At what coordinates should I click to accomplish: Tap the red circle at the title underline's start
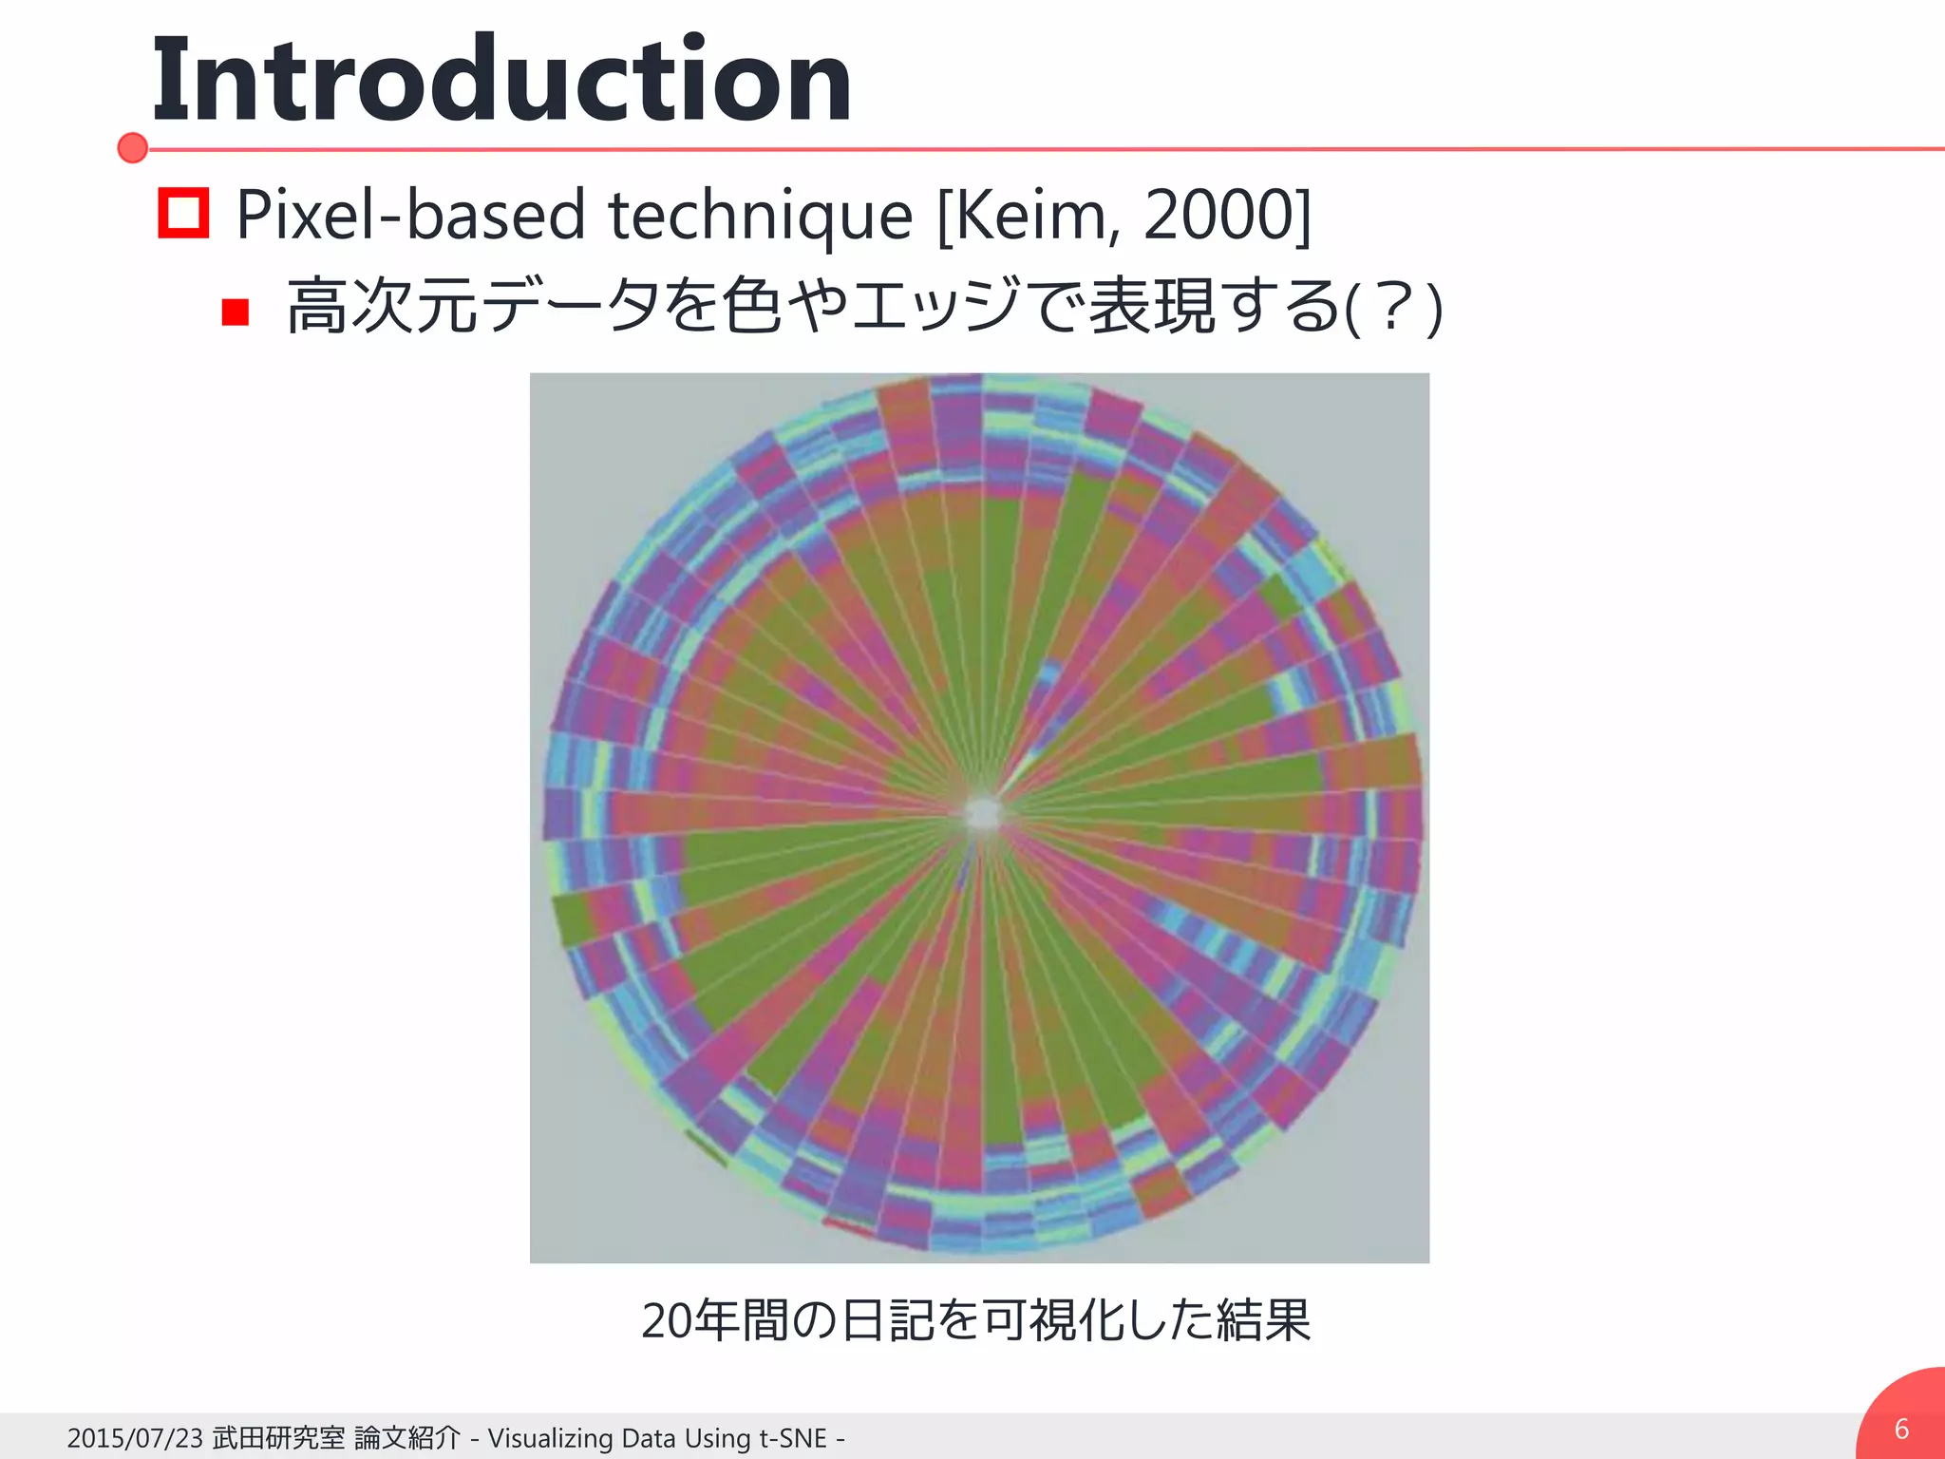pos(133,148)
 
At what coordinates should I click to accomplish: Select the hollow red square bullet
pos(183,213)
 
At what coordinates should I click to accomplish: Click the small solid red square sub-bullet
pos(235,312)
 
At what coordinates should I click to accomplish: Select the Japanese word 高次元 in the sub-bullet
pos(384,307)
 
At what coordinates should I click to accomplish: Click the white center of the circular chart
pos(983,813)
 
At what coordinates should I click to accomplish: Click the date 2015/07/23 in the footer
pos(135,1438)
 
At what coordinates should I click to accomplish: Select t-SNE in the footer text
pos(793,1438)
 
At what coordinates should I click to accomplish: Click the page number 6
pos(1901,1429)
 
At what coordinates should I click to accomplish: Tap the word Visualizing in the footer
pos(550,1438)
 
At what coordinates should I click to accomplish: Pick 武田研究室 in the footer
pos(278,1438)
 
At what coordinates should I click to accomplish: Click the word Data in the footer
pos(648,1438)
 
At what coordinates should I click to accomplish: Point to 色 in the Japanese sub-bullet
pos(751,307)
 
